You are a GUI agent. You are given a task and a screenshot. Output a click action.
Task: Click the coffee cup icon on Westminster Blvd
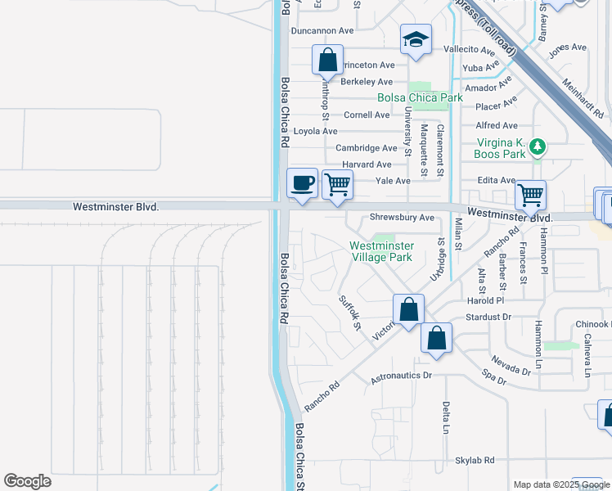pyautogui.click(x=302, y=182)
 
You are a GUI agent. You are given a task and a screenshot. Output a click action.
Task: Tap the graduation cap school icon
pyautogui.click(x=416, y=39)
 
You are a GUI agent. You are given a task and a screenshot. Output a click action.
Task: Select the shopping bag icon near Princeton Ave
pyautogui.click(x=327, y=61)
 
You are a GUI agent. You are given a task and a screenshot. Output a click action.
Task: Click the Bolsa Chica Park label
pyautogui.click(x=420, y=97)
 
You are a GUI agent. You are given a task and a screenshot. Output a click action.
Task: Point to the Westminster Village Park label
pyautogui.click(x=381, y=251)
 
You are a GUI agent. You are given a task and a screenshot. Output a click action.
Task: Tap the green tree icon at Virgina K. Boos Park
pyautogui.click(x=538, y=147)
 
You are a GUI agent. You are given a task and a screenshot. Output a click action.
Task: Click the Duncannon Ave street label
pyautogui.click(x=322, y=30)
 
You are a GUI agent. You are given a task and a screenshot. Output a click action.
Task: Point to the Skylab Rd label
pyautogui.click(x=475, y=461)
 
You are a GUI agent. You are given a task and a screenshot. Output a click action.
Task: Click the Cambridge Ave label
pyautogui.click(x=367, y=148)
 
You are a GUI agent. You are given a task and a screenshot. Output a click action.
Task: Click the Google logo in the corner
pyautogui.click(x=27, y=481)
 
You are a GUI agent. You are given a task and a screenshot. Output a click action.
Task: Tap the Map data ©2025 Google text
pyautogui.click(x=560, y=484)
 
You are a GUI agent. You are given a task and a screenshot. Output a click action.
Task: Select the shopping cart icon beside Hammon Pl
pyautogui.click(x=530, y=195)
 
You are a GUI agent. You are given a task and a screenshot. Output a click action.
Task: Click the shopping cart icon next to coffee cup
pyautogui.click(x=337, y=184)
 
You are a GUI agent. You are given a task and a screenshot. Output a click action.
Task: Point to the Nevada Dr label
pyautogui.click(x=511, y=364)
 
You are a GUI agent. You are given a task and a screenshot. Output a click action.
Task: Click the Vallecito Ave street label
pyautogui.click(x=471, y=49)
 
